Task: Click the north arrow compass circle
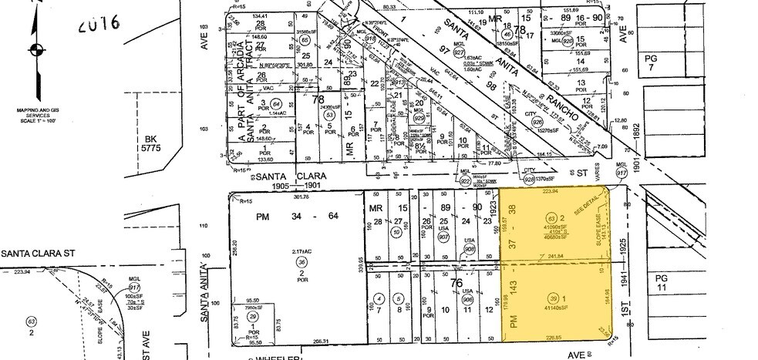click(x=35, y=51)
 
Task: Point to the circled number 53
click(x=329, y=115)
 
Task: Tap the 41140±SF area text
click(x=552, y=308)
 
